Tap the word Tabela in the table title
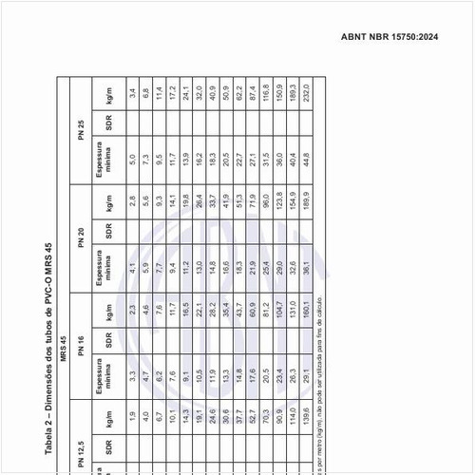coord(49,432)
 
